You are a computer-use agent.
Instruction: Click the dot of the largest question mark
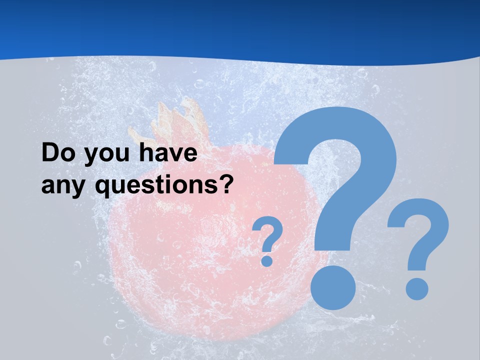click(333, 287)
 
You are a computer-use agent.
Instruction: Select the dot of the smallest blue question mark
click(267, 260)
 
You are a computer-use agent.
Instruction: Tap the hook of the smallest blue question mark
click(268, 232)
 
